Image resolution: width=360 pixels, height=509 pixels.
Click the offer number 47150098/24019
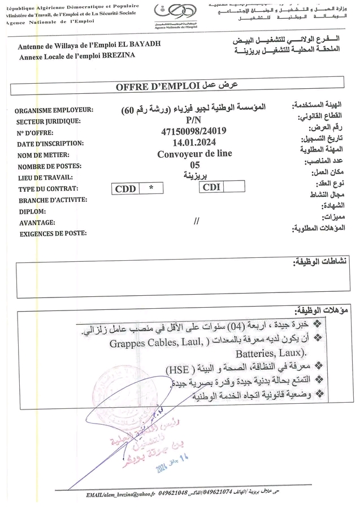pos(194,131)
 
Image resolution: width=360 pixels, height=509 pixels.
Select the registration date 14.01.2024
pos(194,143)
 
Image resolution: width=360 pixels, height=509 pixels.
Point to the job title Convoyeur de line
pos(194,154)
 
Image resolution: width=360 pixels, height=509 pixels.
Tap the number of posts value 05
pos(195,165)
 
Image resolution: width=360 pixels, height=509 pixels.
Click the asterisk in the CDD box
pos(150,188)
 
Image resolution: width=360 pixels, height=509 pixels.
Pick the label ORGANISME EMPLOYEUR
pos(54,110)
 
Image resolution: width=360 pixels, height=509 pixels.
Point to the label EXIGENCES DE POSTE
pos(53,234)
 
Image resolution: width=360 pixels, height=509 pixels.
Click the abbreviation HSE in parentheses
pos(179,370)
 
